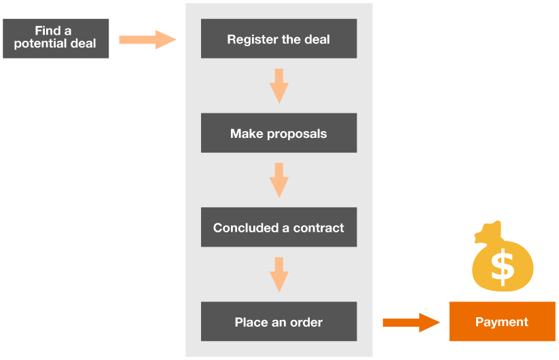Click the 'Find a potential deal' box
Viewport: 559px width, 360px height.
tap(56, 38)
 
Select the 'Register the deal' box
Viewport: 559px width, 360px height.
tap(278, 39)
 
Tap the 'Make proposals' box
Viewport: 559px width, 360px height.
tap(278, 133)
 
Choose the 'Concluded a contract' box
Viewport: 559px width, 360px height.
tap(278, 228)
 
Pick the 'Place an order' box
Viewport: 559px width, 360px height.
tap(278, 322)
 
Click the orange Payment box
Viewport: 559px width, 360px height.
tap(502, 322)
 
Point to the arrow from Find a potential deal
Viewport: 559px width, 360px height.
tap(147, 39)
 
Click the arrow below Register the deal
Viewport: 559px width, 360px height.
tap(278, 86)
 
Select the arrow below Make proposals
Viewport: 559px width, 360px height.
tap(278, 180)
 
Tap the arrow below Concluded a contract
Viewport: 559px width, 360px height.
tap(278, 274)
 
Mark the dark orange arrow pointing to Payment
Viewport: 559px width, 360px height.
tap(411, 322)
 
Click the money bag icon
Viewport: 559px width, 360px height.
tap(503, 262)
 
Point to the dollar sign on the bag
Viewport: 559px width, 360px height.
tap(503, 267)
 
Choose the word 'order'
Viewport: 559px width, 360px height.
tap(305, 323)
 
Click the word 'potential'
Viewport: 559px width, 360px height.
tap(39, 44)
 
